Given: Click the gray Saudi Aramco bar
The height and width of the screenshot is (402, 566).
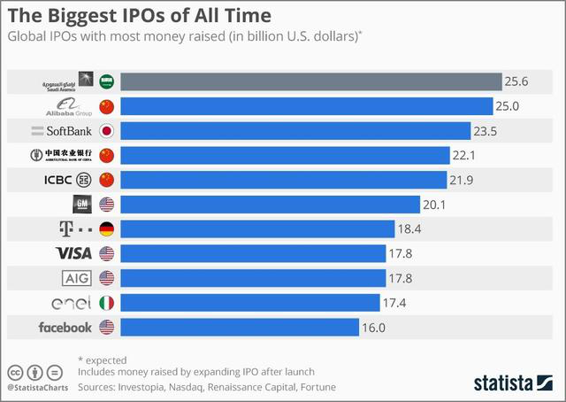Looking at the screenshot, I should point(310,81).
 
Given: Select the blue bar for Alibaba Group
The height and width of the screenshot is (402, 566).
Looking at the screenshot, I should point(306,106).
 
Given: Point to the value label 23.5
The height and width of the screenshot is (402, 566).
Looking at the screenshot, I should point(490,131).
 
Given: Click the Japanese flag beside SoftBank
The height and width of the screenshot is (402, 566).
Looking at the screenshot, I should point(107,131).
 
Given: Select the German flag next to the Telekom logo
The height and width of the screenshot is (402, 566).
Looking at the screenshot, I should point(107,229).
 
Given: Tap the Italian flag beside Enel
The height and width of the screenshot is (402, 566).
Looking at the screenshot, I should point(107,303).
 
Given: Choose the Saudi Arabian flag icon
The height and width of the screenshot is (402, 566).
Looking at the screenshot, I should point(107,81).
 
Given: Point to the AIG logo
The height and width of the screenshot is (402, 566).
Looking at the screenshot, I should point(76,278).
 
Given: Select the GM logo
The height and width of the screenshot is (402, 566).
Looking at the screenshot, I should point(82,205).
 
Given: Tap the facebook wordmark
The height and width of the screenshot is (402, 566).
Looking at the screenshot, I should point(65,328).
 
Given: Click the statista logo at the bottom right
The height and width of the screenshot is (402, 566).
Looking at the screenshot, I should point(513,383).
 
